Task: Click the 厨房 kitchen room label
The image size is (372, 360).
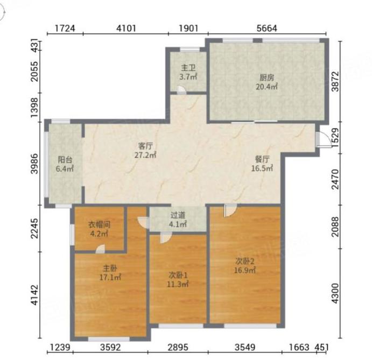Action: (x=266, y=77)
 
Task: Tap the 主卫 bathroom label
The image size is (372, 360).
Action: (x=188, y=68)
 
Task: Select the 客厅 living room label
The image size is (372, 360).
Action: (x=145, y=146)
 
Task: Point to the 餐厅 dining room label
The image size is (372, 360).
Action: (x=262, y=159)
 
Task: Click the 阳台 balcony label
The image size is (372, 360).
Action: (x=65, y=160)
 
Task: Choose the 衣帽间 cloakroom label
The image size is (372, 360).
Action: (x=100, y=224)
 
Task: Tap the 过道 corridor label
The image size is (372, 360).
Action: (x=178, y=215)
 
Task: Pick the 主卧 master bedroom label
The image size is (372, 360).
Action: (x=110, y=268)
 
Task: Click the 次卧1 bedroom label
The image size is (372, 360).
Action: (x=178, y=275)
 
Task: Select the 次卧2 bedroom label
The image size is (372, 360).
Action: (x=245, y=261)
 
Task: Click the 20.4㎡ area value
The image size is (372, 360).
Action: (x=266, y=87)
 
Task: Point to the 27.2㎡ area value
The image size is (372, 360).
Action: (x=145, y=155)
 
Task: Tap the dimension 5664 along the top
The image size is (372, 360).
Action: (x=267, y=28)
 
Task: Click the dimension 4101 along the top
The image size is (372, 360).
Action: (x=126, y=28)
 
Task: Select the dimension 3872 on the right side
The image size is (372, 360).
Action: (x=335, y=81)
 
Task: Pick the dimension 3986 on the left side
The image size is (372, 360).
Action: (x=34, y=164)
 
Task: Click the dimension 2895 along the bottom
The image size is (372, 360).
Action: (x=178, y=348)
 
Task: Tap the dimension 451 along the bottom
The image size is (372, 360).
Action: (x=322, y=348)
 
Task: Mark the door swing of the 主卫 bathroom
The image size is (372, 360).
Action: (x=181, y=90)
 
